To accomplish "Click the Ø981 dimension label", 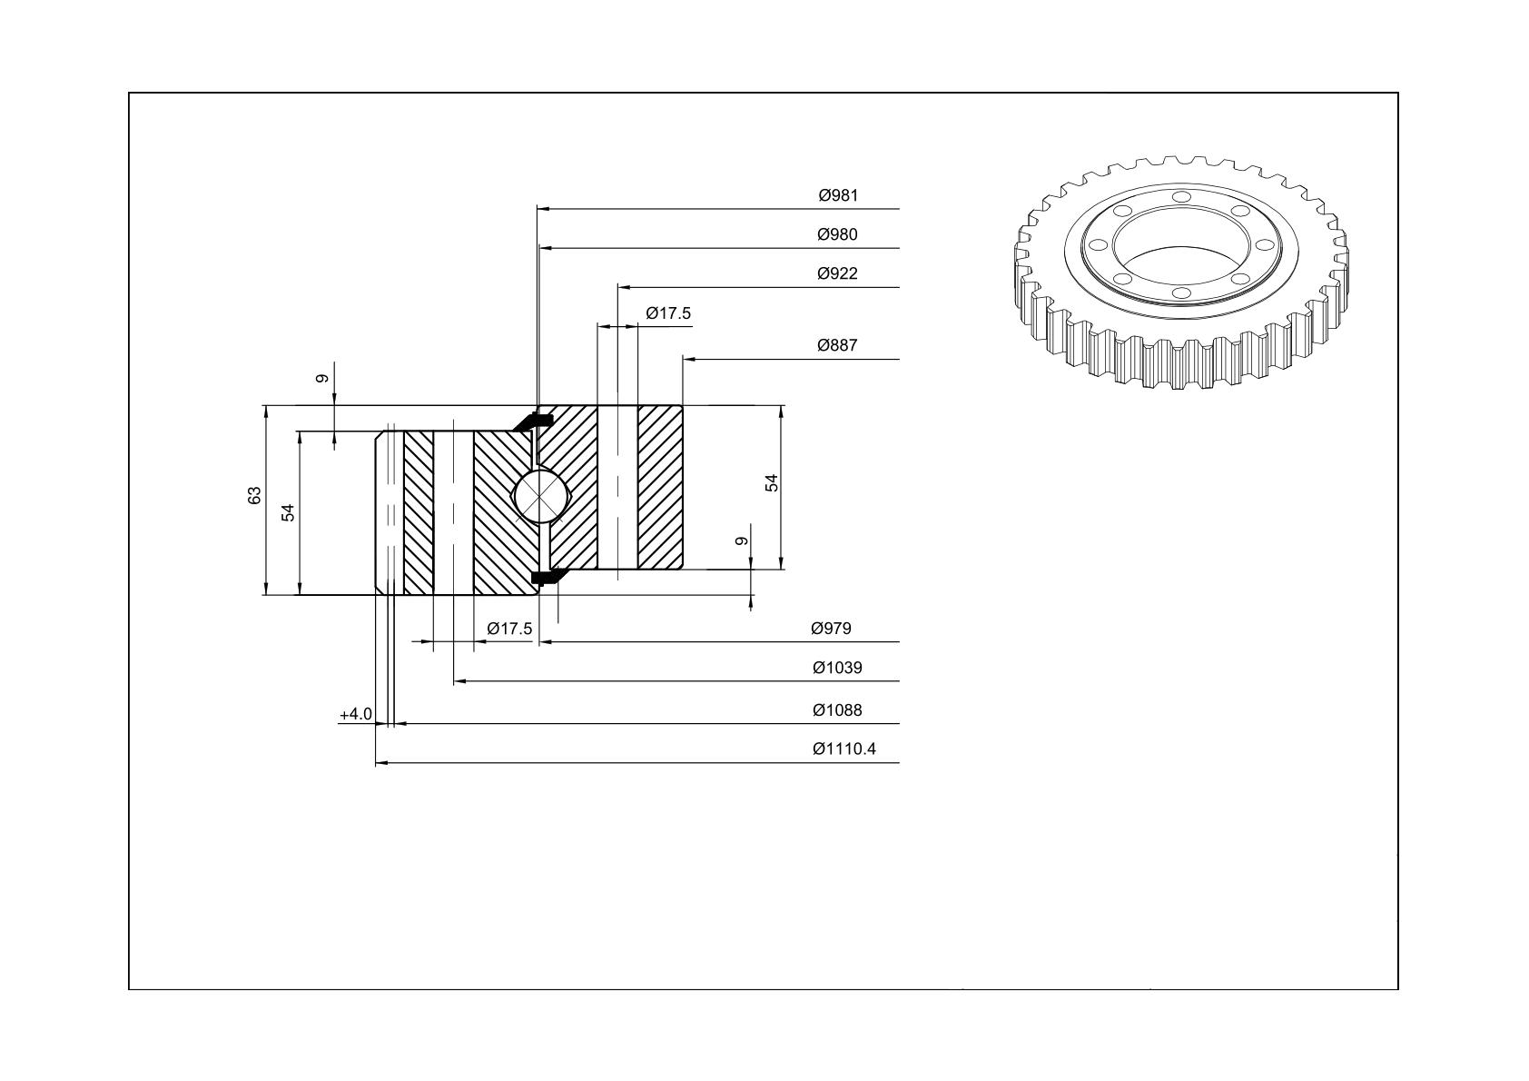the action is (x=838, y=195).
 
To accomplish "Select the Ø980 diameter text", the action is (x=837, y=234).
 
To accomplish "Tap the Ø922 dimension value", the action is (x=837, y=273).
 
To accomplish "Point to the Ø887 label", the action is (x=837, y=345).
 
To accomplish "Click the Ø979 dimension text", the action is (x=831, y=629).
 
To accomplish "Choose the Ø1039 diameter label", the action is (x=837, y=667).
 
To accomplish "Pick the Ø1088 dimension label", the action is (x=837, y=710).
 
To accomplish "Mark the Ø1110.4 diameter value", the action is (x=843, y=749).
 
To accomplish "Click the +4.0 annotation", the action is (x=356, y=714).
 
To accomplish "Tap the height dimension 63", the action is (x=254, y=495).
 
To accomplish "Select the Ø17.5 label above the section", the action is (x=668, y=313).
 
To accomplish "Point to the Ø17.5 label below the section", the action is (x=509, y=629).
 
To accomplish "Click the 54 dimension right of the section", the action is (x=772, y=482).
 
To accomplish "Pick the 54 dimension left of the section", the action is (x=288, y=512).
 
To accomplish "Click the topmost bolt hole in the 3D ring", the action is (x=1181, y=197).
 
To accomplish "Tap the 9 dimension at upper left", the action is (x=322, y=378).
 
